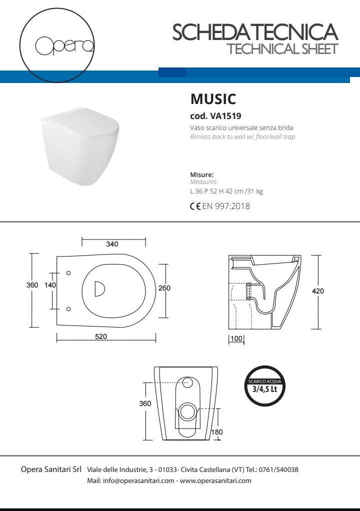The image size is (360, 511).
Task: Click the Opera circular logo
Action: pyautogui.click(x=58, y=45)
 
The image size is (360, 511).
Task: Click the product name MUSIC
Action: pyautogui.click(x=213, y=98)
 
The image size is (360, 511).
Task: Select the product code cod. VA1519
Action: pyautogui.click(x=215, y=116)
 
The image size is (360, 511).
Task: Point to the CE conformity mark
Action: pyautogui.click(x=195, y=206)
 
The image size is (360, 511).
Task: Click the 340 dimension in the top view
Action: pyautogui.click(x=112, y=244)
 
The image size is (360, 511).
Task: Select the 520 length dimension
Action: pyautogui.click(x=101, y=336)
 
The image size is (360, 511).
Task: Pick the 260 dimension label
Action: pyautogui.click(x=164, y=288)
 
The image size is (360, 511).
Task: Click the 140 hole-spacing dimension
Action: pyautogui.click(x=50, y=284)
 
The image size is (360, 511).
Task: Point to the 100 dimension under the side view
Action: pyautogui.click(x=236, y=339)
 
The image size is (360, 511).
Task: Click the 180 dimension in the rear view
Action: pyautogui.click(x=216, y=432)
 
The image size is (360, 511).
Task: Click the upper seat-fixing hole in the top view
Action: pyautogui.click(x=68, y=273)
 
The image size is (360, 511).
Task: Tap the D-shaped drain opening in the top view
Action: pyautogui.click(x=99, y=288)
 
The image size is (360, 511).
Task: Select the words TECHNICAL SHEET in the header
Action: pyautogui.click(x=282, y=49)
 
